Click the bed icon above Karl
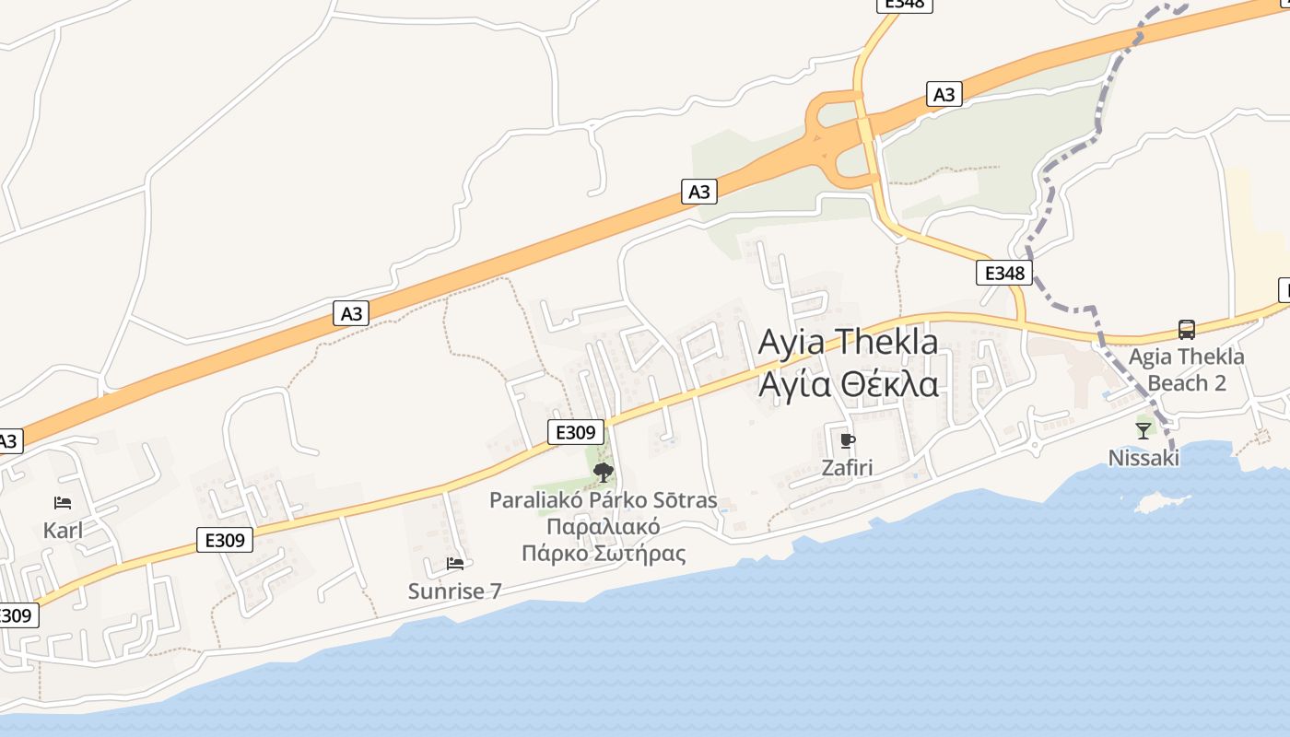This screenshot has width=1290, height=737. [63, 503]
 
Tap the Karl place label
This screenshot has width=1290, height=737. [63, 531]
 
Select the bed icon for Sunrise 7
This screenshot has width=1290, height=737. [454, 563]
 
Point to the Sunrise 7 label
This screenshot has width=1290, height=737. [454, 591]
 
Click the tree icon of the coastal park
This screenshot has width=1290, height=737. [604, 473]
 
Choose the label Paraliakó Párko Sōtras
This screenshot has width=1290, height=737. [603, 500]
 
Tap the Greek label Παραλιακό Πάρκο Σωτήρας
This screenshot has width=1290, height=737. [604, 541]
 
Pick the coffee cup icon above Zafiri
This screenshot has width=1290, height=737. [848, 440]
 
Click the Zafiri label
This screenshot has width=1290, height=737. [847, 468]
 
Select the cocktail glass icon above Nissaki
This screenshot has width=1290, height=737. [1143, 430]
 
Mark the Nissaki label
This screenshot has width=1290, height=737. [1143, 458]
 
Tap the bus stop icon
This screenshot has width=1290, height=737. [1187, 329]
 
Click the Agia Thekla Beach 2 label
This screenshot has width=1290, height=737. [1187, 369]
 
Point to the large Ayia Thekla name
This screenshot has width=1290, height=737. [848, 342]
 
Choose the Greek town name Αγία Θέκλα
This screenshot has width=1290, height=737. [848, 383]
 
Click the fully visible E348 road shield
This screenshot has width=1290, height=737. [1004, 273]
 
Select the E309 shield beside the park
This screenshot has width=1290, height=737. [576, 432]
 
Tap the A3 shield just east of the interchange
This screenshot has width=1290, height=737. [944, 94]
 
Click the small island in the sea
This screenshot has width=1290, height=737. [1151, 503]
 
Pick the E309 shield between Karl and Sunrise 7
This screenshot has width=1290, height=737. [225, 540]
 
